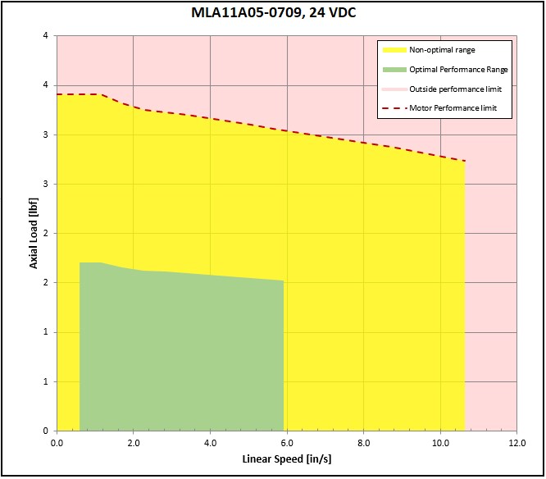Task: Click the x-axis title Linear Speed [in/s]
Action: click(x=286, y=458)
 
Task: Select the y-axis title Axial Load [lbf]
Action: click(x=34, y=233)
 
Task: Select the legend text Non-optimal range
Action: click(x=442, y=50)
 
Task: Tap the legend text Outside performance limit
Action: click(x=456, y=89)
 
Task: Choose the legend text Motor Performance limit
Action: click(x=453, y=107)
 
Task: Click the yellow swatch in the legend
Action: click(x=392, y=50)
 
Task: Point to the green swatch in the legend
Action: click(x=392, y=70)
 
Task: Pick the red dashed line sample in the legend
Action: click(x=392, y=107)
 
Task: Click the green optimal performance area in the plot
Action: click(x=180, y=353)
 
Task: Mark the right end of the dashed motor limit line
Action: click(x=465, y=161)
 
